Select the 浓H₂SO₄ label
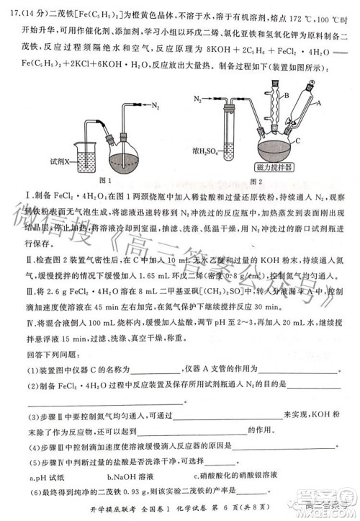tap(208, 153)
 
